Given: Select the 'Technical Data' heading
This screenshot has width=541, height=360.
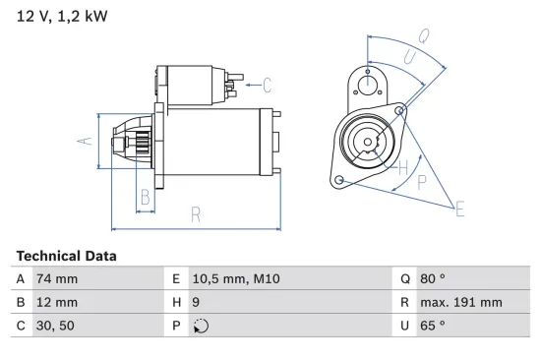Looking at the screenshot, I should click(x=66, y=256).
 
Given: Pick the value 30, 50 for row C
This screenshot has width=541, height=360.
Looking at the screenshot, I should click(x=54, y=326).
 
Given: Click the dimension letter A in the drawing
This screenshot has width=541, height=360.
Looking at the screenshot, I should click(x=85, y=141).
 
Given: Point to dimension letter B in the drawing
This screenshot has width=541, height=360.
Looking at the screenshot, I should click(x=145, y=197).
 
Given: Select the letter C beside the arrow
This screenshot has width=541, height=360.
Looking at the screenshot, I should click(x=266, y=86).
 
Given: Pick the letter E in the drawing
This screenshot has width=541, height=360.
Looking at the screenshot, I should click(x=458, y=207).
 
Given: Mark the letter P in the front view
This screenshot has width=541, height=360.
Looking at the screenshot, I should click(x=422, y=181).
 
